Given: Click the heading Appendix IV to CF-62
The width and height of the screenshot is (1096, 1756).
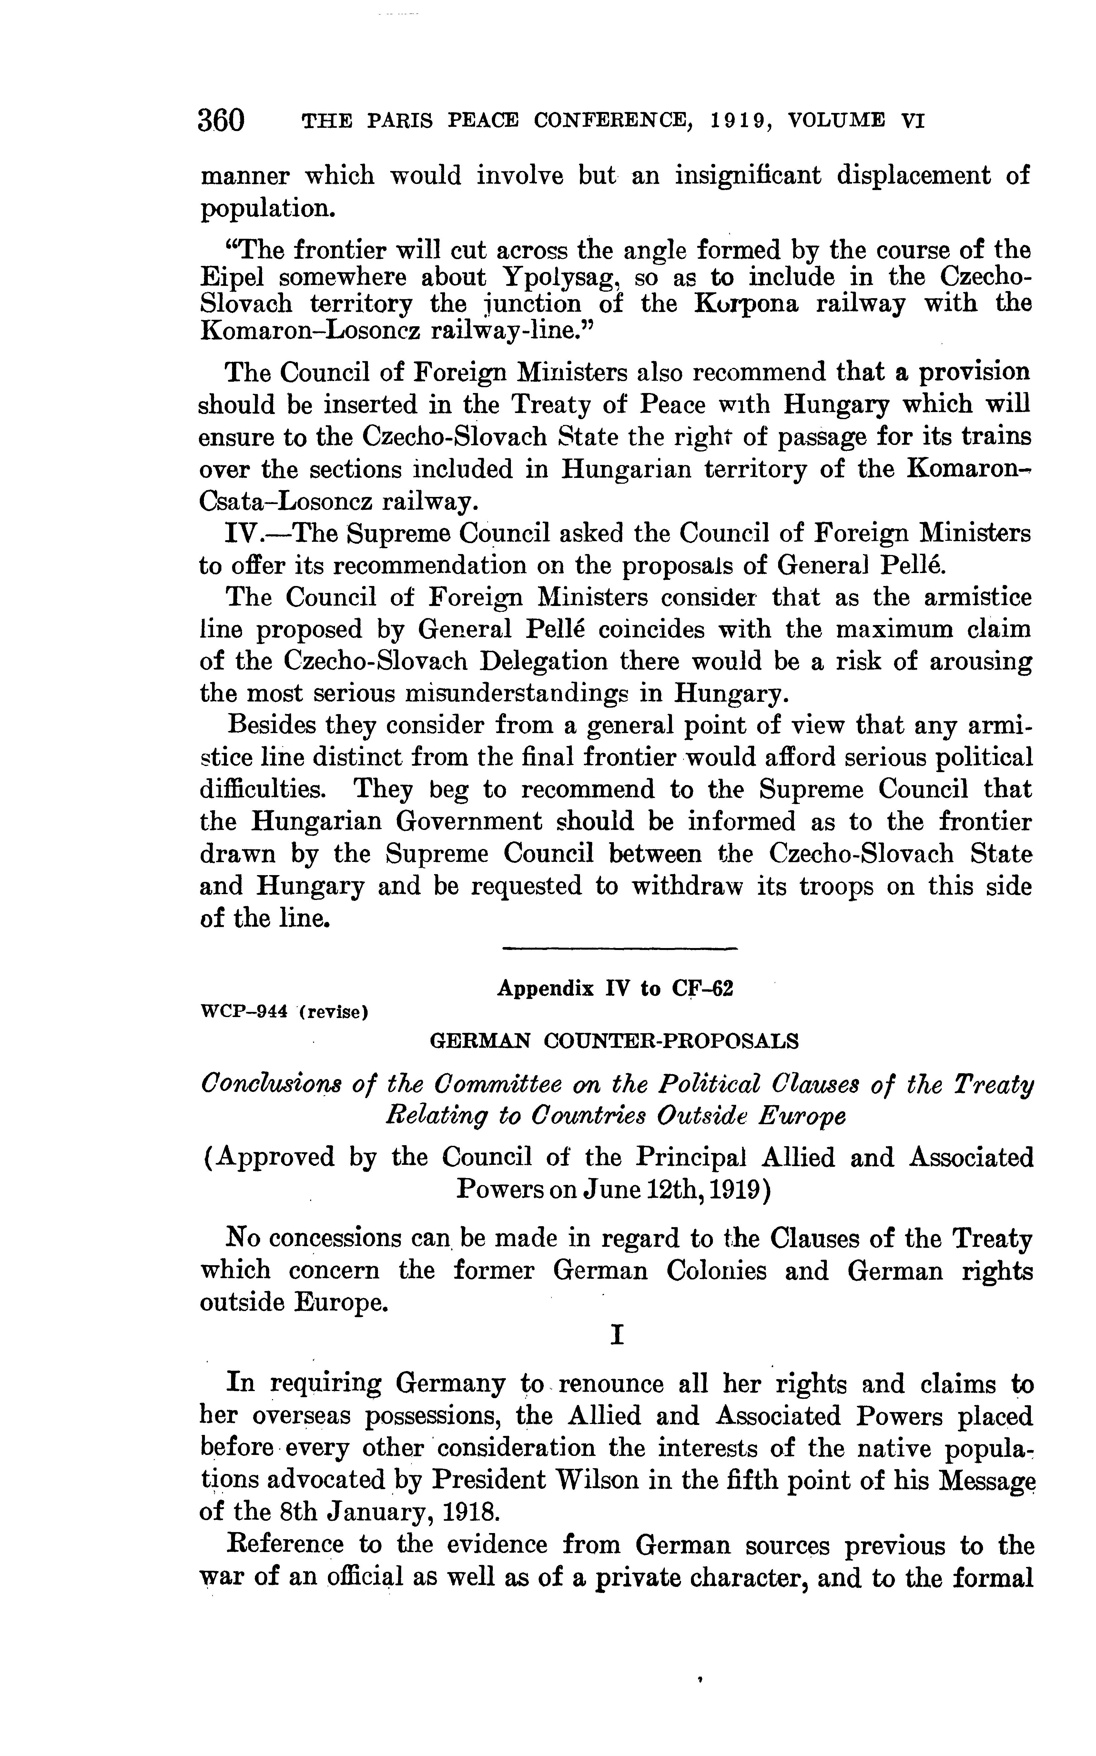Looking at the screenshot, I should point(615,989).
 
